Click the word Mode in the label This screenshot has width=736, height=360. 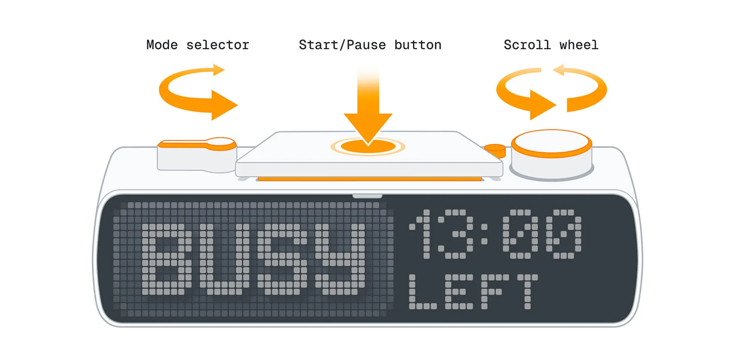[162, 45]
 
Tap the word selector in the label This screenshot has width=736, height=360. [218, 45]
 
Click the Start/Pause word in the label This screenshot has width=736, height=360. [343, 45]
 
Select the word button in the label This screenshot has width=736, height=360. [418, 45]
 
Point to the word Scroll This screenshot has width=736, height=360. [527, 45]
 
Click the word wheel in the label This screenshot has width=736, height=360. [579, 45]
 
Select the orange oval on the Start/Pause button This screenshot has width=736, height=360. [368, 147]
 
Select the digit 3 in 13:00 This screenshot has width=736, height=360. [455, 234]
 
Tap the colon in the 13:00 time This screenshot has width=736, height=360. [484, 234]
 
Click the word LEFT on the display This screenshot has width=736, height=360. [473, 292]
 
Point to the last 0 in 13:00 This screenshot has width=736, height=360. [563, 234]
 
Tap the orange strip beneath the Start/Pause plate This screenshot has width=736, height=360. [369, 179]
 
